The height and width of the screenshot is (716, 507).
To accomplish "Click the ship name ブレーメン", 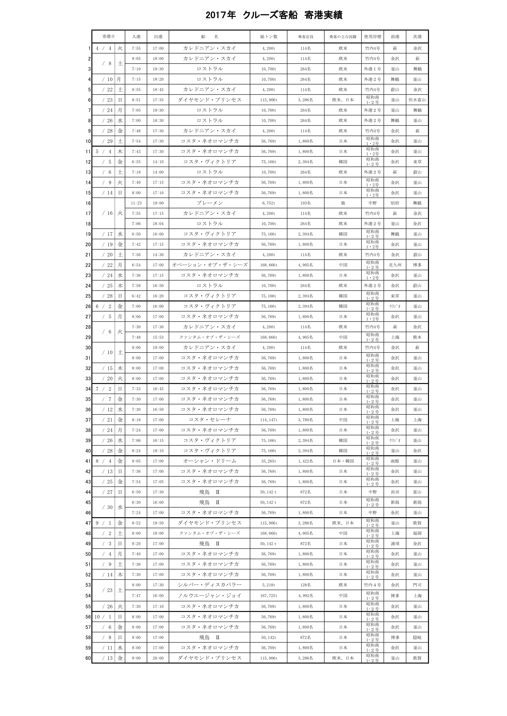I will coord(209,203).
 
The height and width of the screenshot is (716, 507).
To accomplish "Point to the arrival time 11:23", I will coord(136,203).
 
